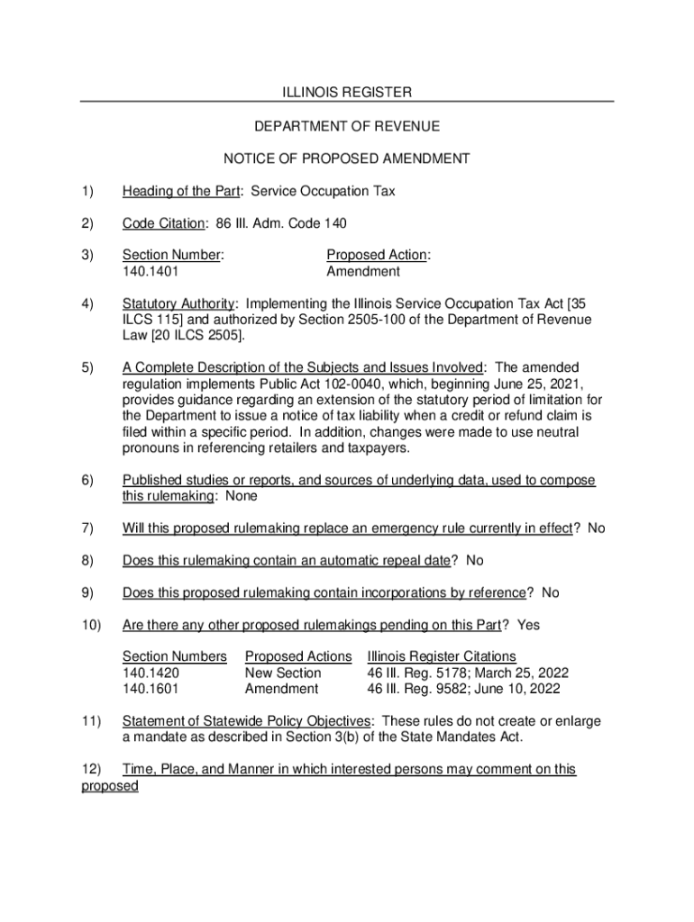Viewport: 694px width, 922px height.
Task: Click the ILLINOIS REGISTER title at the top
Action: click(x=347, y=93)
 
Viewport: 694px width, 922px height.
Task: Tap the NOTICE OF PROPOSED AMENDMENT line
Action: click(x=347, y=159)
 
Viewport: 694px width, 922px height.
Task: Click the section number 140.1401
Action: click(x=151, y=271)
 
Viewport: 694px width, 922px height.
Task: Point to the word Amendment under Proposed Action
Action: click(x=363, y=271)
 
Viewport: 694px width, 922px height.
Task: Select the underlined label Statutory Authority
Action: click(x=179, y=303)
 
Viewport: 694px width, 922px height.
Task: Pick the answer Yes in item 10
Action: click(x=529, y=625)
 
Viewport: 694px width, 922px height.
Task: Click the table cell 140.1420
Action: click(x=151, y=673)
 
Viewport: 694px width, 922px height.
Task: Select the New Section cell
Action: click(x=283, y=673)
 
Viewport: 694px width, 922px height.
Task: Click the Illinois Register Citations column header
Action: click(x=442, y=656)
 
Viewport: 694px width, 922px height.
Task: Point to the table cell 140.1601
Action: click(x=151, y=689)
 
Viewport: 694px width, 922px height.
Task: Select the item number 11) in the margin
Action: click(x=90, y=721)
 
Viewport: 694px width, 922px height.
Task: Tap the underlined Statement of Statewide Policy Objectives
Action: click(x=246, y=721)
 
